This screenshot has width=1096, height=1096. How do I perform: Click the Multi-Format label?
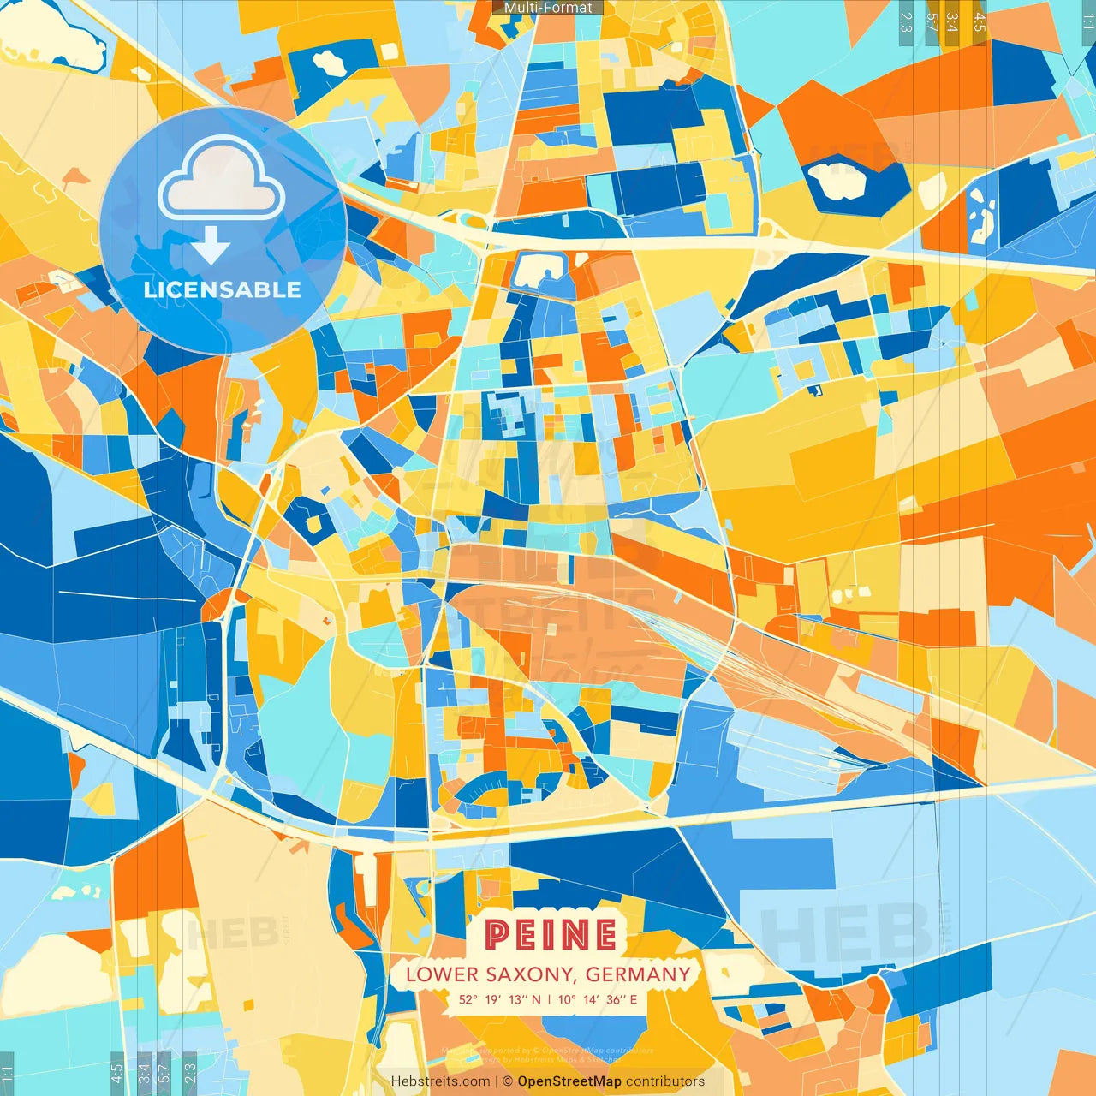pos(548,8)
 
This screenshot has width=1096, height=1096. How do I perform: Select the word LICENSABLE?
pos(223,289)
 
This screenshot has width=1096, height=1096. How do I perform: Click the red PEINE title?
pos(551,934)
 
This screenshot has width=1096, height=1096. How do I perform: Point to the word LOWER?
pos(442,974)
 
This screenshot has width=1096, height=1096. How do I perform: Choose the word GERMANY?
pos(638,974)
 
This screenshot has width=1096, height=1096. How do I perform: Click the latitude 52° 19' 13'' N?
pos(499,999)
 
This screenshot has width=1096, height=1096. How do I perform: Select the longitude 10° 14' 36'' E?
pos(598,999)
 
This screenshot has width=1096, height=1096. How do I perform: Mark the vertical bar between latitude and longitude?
pos(549,999)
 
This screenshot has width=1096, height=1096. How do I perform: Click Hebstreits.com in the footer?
pos(440,1081)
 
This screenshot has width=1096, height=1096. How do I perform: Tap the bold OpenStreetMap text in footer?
pos(569,1081)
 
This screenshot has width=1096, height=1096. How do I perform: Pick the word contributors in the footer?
pos(665,1081)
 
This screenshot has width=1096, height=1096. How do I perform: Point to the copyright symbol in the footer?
pos(508,1081)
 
